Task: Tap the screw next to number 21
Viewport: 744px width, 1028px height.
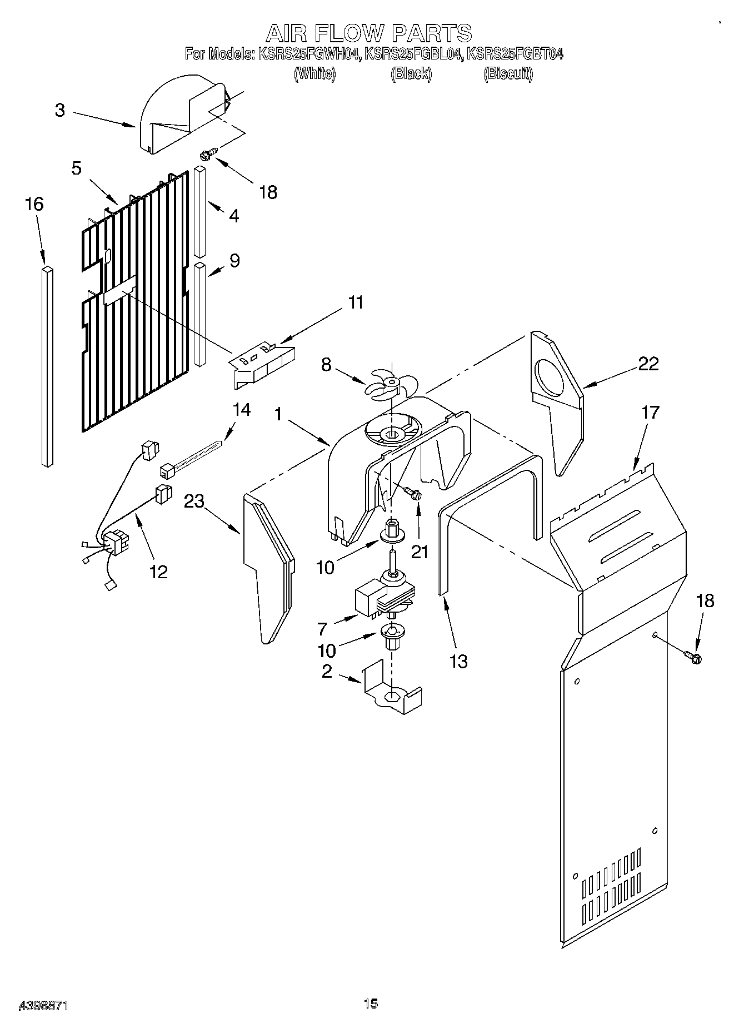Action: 412,493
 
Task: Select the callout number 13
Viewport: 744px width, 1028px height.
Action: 458,662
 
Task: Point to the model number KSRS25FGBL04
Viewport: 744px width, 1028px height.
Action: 413,54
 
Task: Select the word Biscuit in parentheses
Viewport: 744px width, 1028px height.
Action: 508,73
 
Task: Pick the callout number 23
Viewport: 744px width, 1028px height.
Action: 194,501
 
